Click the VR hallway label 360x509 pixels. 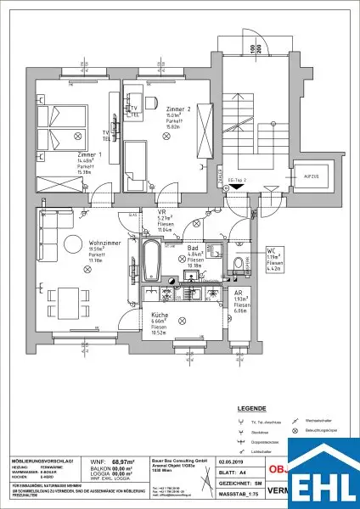160,211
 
